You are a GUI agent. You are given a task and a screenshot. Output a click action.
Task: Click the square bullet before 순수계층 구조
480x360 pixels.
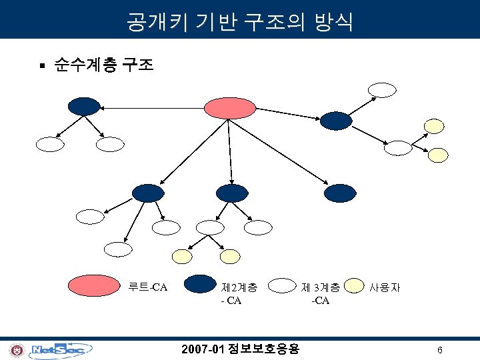(41, 65)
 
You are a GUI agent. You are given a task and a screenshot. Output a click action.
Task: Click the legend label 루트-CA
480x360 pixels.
(147, 288)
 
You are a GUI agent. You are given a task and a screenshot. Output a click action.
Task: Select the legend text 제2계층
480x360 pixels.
(239, 288)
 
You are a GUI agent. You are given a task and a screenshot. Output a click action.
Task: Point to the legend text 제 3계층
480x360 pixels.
(321, 288)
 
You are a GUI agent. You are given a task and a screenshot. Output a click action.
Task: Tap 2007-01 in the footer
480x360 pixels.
(203, 349)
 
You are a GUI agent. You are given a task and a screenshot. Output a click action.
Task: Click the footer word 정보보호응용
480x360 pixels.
(263, 349)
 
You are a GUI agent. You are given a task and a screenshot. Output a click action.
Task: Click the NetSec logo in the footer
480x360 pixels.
(61, 349)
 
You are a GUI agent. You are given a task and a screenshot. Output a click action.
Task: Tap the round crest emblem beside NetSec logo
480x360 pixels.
(17, 349)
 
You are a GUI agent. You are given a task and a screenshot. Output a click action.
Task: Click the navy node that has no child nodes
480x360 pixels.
(340, 193)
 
